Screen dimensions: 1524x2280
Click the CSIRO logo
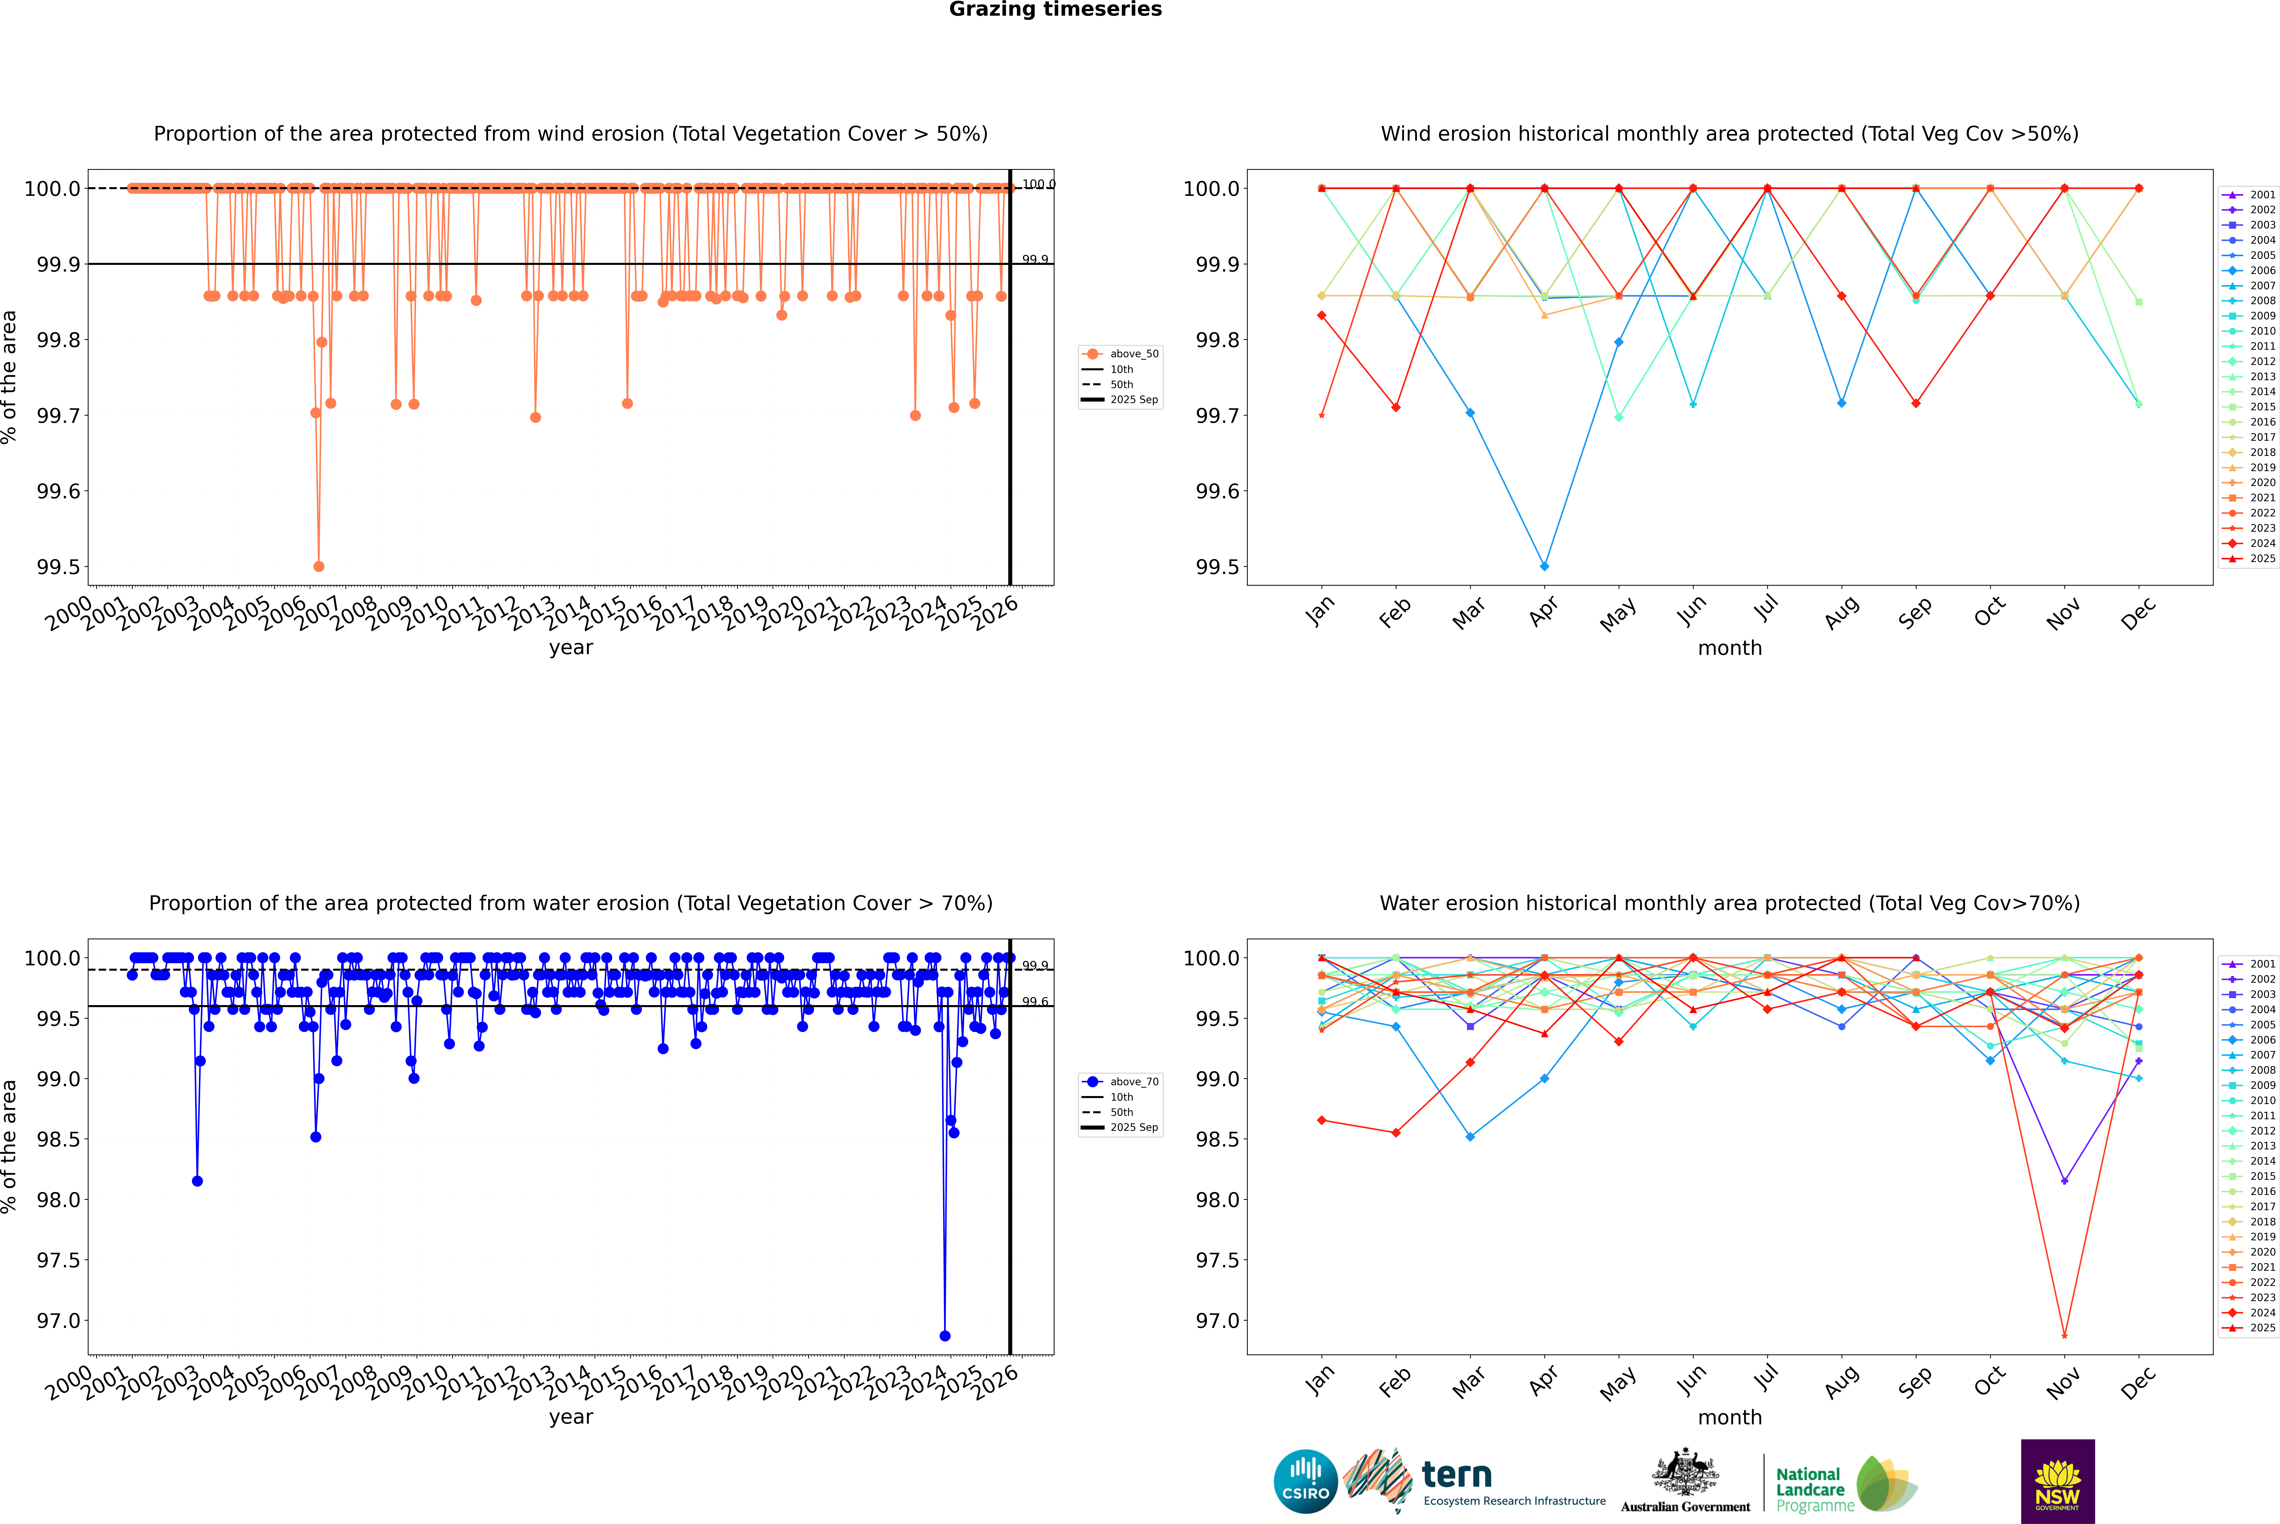[x=1305, y=1481]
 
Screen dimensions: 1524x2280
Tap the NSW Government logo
[x=2057, y=1481]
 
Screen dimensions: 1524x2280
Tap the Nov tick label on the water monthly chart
[x=2063, y=1381]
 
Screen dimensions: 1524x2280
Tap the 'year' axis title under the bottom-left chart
[x=570, y=1417]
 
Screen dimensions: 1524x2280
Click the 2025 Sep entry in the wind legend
[x=1133, y=399]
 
